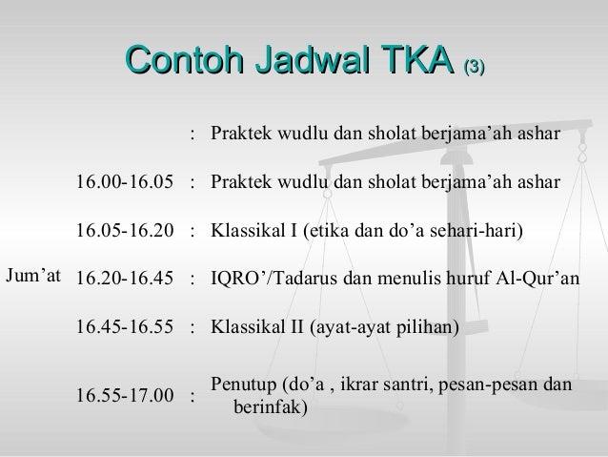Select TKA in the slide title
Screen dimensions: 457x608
[415, 64]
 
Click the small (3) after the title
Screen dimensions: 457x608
[475, 68]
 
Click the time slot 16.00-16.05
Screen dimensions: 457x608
[124, 181]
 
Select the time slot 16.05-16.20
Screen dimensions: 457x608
[124, 230]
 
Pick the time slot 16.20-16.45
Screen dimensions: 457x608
[124, 279]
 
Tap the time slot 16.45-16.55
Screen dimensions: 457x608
[124, 327]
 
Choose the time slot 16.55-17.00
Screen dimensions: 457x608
[124, 395]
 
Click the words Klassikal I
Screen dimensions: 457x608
[253, 230]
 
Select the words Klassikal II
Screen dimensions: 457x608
[255, 327]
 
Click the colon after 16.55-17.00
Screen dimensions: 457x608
[193, 395]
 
